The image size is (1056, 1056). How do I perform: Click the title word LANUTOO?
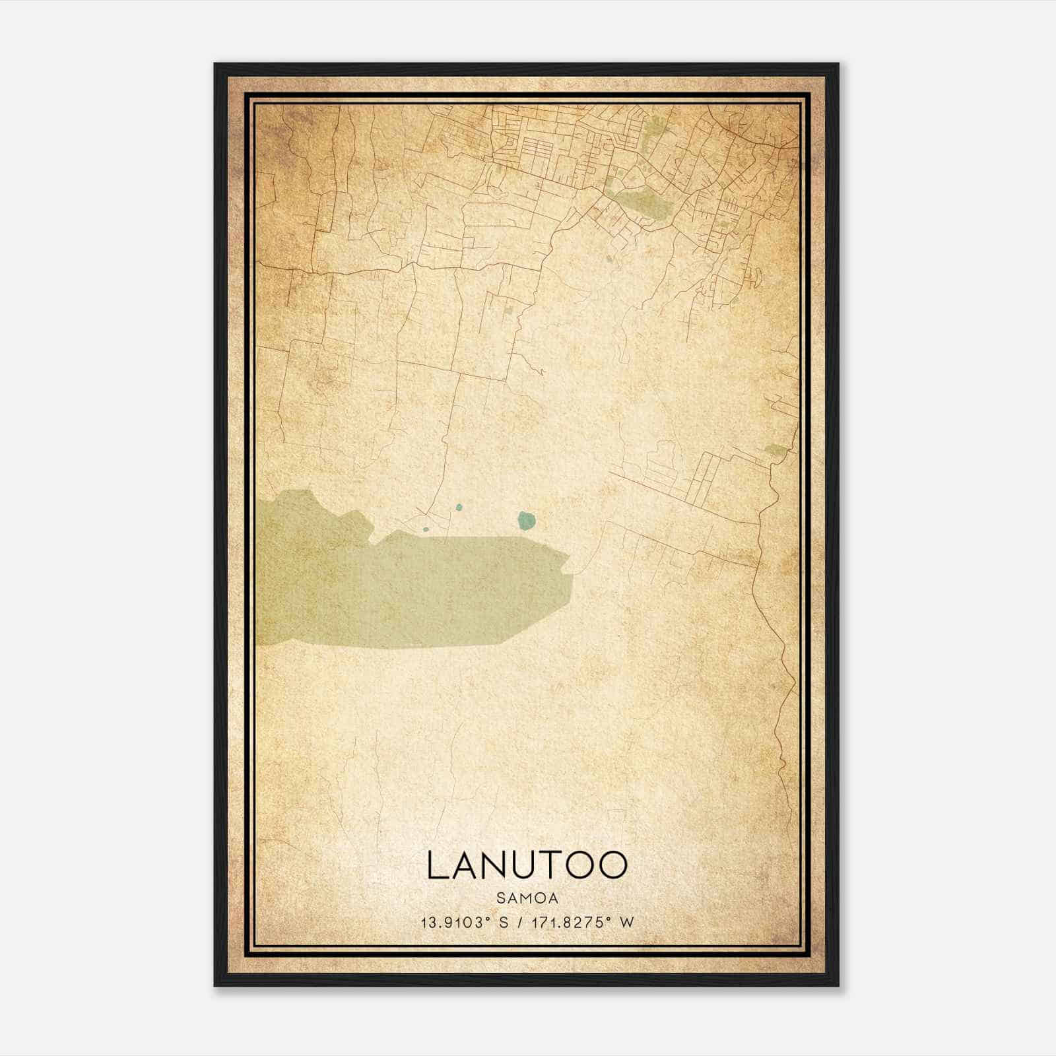click(x=527, y=865)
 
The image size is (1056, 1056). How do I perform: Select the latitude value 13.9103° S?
click(x=464, y=922)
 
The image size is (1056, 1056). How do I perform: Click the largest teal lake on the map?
click(x=526, y=521)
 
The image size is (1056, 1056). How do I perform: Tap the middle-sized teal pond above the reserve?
click(x=459, y=508)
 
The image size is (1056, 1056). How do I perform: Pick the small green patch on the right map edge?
click(x=774, y=451)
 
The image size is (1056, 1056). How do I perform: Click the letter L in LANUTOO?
click(x=436, y=865)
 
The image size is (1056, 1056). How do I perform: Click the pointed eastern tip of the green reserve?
click(x=569, y=564)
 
